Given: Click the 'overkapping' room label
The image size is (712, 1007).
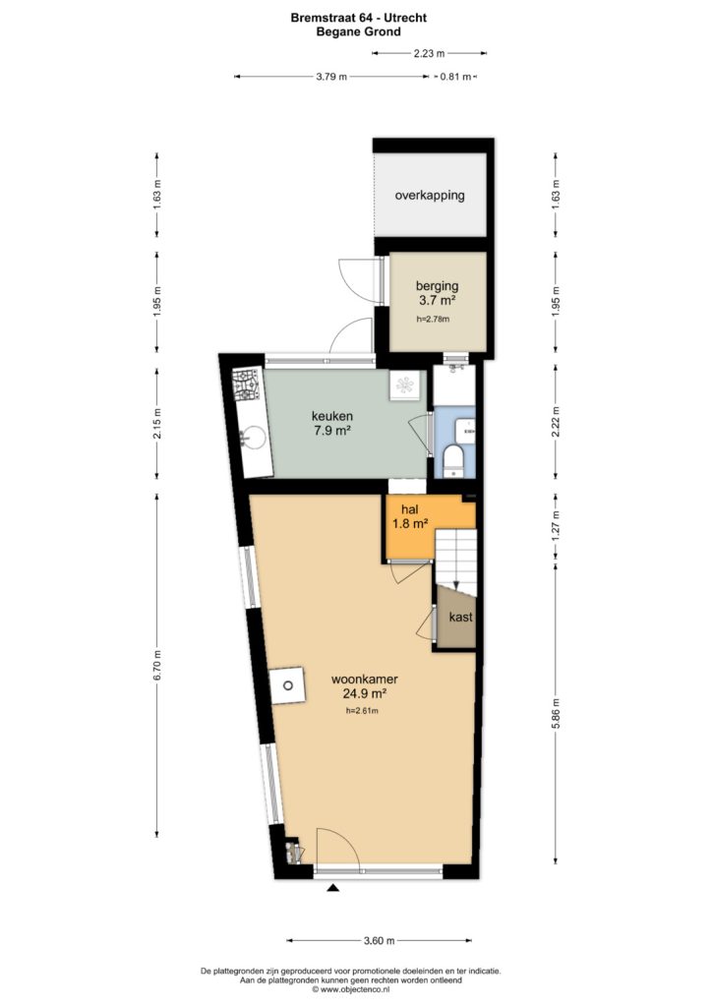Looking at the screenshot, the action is click(430, 196).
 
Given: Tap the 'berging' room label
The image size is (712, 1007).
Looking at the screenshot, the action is click(438, 286).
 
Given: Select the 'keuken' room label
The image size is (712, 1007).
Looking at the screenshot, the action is click(332, 416).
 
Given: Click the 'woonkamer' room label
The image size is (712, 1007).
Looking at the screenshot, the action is click(365, 679).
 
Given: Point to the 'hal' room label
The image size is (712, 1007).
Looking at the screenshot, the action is click(410, 509).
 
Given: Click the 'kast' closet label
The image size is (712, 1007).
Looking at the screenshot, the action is click(461, 618).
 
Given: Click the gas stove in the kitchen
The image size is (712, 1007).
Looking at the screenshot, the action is click(246, 385).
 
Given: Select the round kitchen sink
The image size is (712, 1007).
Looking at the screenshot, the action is click(253, 438).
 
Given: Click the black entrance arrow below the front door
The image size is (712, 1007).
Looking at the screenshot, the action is click(332, 888).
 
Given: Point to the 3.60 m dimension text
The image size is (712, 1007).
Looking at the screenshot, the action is click(379, 941).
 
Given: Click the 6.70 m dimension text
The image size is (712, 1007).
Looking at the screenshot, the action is click(157, 666).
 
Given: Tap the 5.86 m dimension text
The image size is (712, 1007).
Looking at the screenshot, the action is click(557, 714).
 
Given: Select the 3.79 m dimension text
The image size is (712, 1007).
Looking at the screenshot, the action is click(331, 77).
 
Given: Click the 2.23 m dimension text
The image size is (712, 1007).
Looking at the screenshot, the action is click(429, 54).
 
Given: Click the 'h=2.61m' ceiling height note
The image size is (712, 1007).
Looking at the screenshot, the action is click(362, 711).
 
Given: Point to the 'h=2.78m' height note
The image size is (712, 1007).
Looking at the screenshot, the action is click(433, 319).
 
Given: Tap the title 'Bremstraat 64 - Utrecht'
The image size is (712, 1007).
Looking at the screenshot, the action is click(358, 18).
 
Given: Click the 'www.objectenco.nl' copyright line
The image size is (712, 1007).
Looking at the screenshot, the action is click(350, 989).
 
